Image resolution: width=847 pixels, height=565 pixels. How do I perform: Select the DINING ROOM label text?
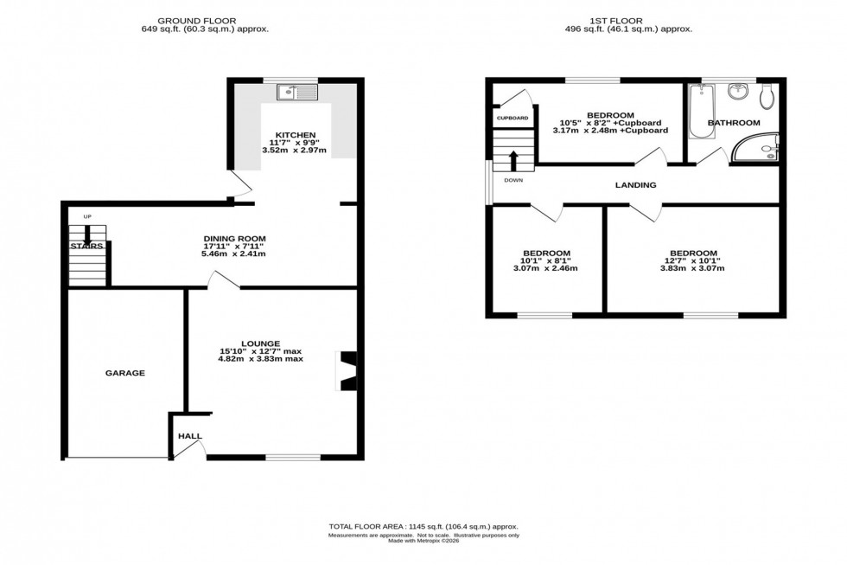pos(234,239)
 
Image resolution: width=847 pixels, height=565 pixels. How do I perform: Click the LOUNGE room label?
pos(259,343)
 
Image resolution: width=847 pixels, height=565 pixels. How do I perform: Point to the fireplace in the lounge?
pos(347,370)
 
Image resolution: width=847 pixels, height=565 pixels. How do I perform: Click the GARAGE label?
pos(125,373)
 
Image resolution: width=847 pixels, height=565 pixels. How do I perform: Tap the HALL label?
pos(189,436)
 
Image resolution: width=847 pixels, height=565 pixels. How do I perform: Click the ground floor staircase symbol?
pos(87,254)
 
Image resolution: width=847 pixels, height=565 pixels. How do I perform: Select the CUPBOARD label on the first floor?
pos(512,118)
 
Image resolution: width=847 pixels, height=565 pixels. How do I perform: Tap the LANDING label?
pos(635,185)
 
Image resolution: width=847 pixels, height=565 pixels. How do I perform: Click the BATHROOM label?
pos(734,123)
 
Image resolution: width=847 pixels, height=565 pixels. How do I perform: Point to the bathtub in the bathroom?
pos(699,112)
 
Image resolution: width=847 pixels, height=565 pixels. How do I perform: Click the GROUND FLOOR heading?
pos(204,20)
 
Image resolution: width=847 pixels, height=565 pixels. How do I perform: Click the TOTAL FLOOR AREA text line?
pos(423,526)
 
